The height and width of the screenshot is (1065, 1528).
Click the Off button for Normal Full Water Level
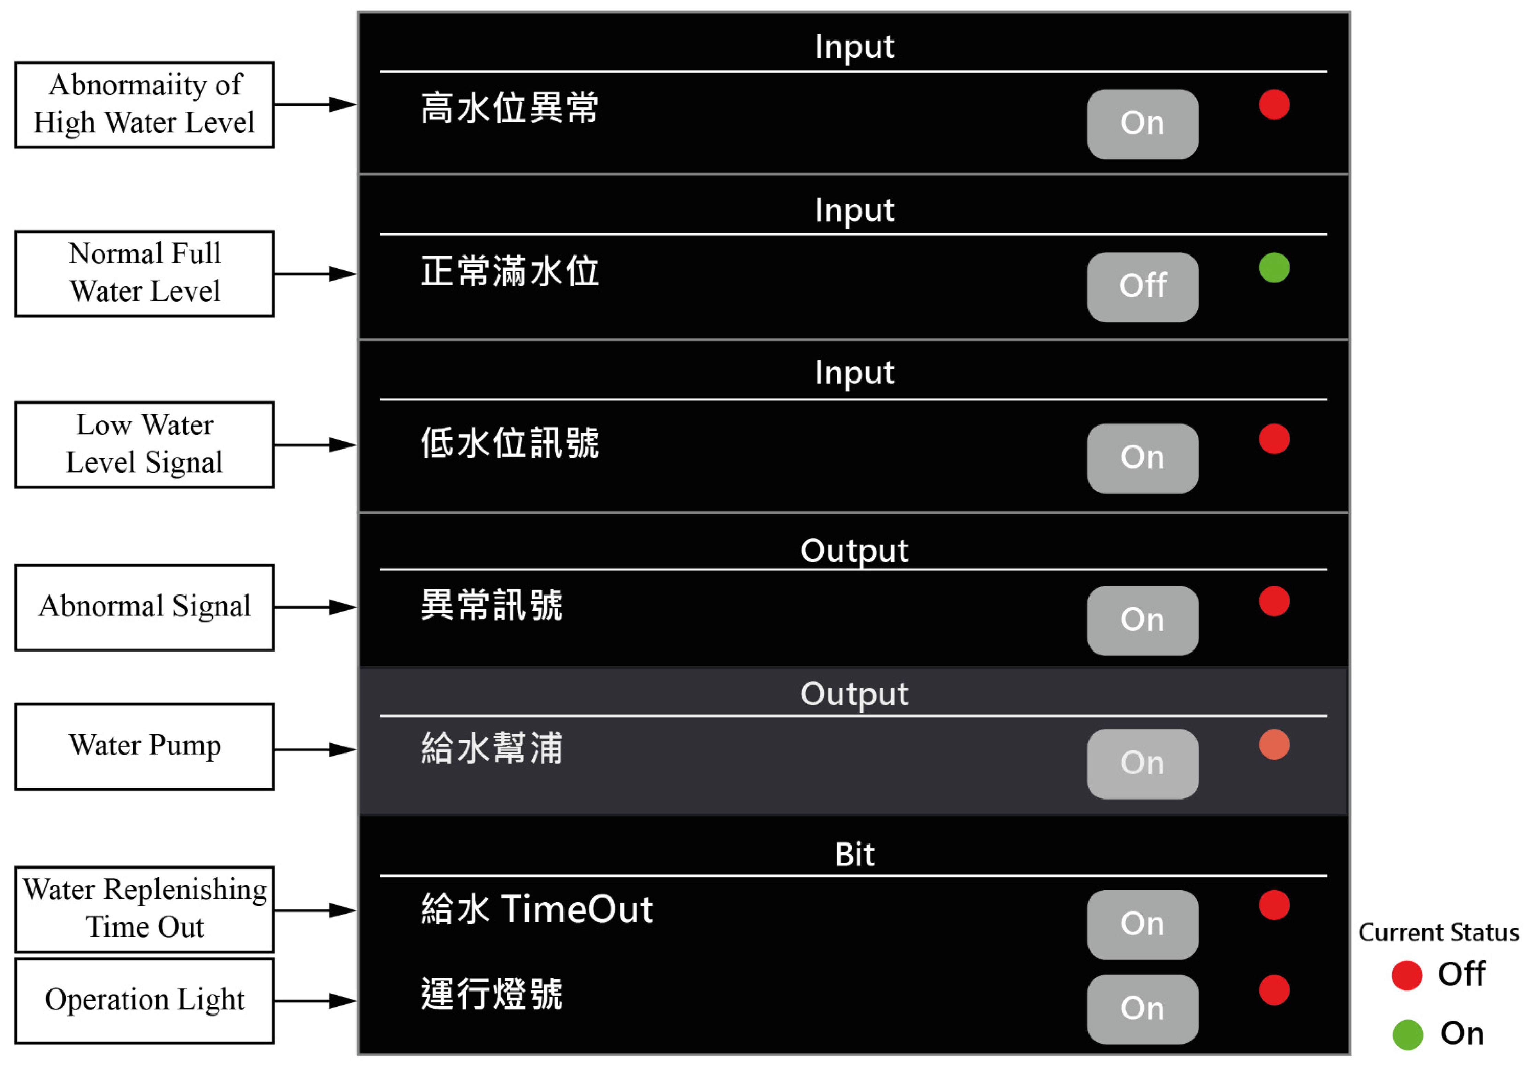click(x=1142, y=287)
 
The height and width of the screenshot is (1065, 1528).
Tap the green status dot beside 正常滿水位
click(x=1274, y=268)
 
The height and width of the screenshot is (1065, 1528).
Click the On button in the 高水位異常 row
click(x=1142, y=124)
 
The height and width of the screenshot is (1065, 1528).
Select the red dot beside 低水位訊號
click(x=1274, y=439)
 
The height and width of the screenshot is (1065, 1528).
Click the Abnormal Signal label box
click(x=145, y=607)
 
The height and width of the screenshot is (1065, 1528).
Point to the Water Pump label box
click(x=145, y=746)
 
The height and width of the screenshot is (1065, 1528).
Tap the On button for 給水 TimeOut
click(x=1142, y=924)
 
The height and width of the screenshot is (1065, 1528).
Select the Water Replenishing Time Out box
click(x=145, y=909)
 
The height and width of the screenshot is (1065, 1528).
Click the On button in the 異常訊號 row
click(x=1142, y=620)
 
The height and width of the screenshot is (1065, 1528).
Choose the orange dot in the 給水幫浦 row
click(x=1274, y=744)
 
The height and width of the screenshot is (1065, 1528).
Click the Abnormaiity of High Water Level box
click(x=145, y=104)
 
